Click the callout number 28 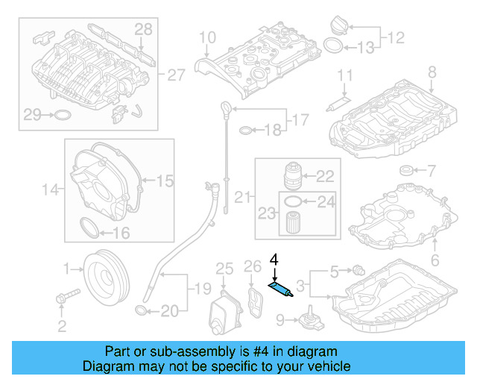(142, 29)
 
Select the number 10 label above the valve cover (206, 37)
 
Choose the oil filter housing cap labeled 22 (294, 178)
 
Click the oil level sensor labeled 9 (306, 322)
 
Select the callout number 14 (49, 190)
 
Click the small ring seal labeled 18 (246, 131)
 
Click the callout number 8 (431, 72)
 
